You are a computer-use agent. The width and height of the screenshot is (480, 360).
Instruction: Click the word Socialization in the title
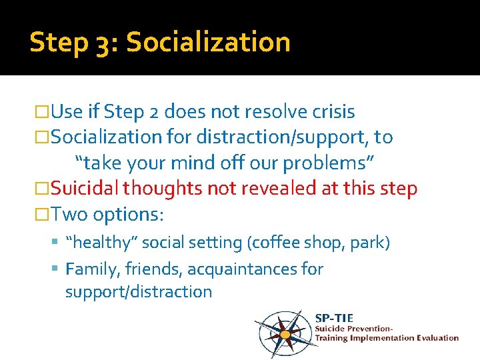point(208,42)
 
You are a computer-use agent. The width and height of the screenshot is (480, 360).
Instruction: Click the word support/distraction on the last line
point(139,291)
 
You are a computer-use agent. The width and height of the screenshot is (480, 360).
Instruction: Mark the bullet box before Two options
point(41,215)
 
